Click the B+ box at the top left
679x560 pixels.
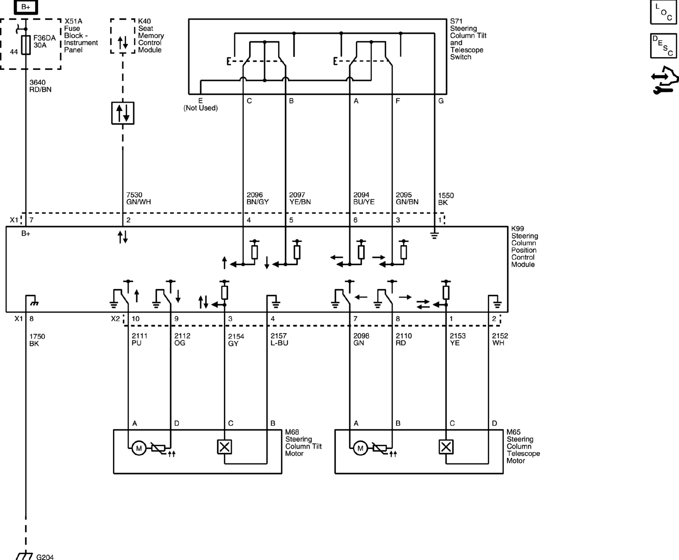point(26,7)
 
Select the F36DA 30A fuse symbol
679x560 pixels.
point(26,45)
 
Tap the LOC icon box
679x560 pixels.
point(663,12)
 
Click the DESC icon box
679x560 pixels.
point(663,46)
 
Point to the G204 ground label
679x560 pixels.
point(45,557)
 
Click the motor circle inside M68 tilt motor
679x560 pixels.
point(139,448)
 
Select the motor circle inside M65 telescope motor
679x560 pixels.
point(360,448)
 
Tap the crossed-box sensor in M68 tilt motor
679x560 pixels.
point(224,447)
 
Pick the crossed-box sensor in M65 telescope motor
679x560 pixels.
point(446,447)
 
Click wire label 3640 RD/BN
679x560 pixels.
point(40,86)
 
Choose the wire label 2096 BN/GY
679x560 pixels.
point(257,198)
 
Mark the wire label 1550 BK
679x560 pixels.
point(446,199)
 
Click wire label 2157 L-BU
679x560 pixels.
point(279,339)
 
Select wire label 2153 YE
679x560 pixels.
point(457,339)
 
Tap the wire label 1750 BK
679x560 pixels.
point(37,340)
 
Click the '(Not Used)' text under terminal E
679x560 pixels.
point(201,108)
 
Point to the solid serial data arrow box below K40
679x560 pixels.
point(123,113)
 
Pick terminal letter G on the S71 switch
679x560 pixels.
point(441,101)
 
